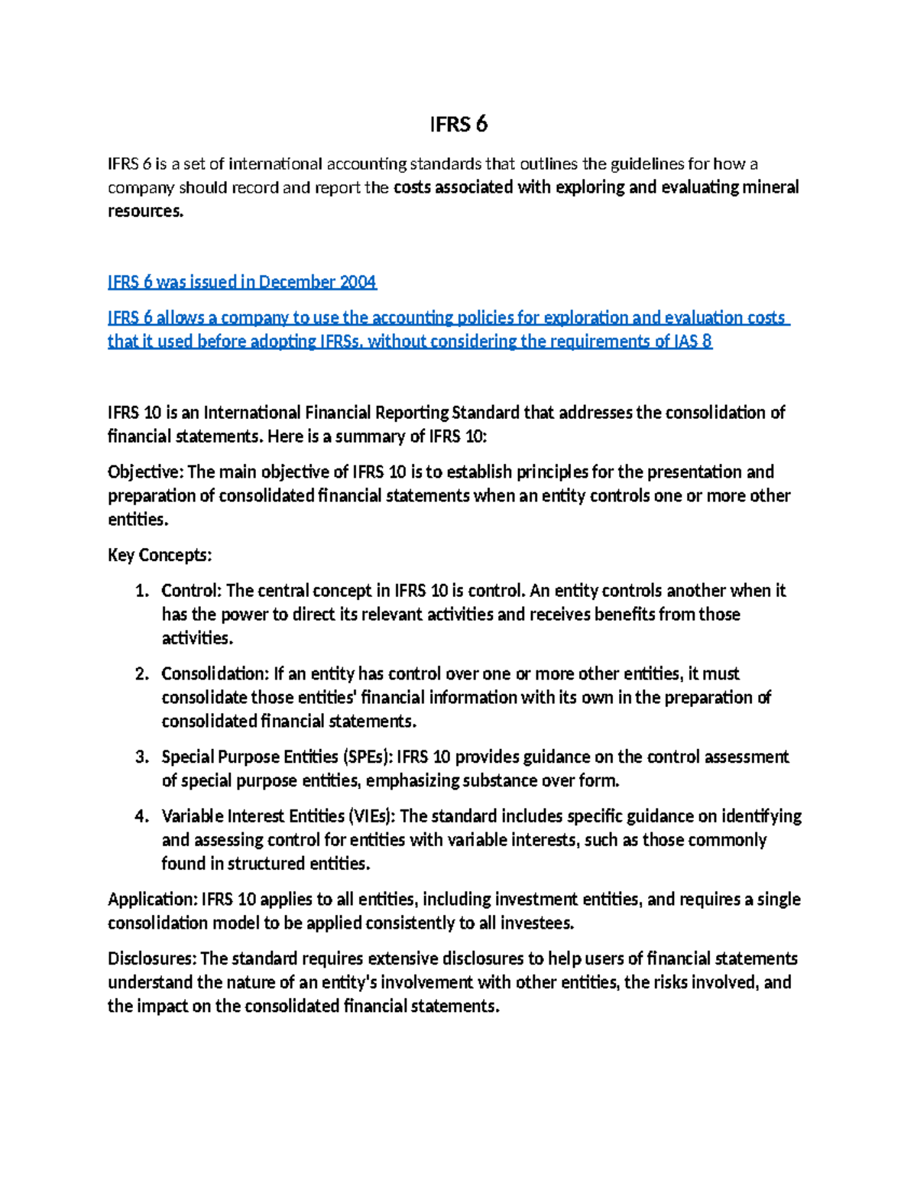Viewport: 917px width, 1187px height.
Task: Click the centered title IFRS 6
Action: (x=458, y=124)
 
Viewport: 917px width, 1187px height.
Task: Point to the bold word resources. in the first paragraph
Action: (x=146, y=211)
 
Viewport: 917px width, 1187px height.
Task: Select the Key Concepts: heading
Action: (x=160, y=555)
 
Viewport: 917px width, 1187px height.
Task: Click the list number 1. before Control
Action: (x=141, y=591)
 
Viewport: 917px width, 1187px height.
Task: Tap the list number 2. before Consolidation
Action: (x=141, y=674)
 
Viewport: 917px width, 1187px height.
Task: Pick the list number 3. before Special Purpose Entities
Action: (x=141, y=757)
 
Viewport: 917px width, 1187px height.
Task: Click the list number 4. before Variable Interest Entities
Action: (x=141, y=816)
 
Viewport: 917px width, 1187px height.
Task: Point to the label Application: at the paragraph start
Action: (x=152, y=900)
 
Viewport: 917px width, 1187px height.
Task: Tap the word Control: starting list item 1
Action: (x=191, y=591)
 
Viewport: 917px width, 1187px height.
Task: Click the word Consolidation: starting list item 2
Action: (x=215, y=674)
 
